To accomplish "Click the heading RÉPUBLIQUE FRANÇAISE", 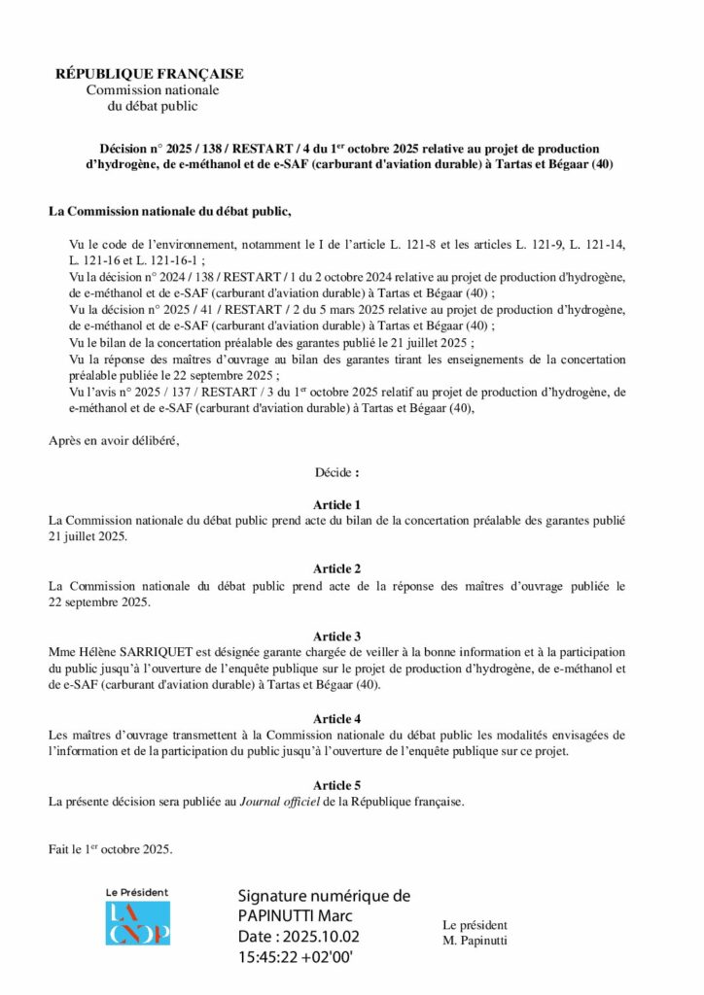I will click(149, 74).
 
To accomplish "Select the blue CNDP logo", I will click(137, 923).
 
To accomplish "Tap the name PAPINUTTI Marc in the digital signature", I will click(295, 916).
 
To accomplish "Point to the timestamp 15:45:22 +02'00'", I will click(295, 957).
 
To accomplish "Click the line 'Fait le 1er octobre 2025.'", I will click(111, 849).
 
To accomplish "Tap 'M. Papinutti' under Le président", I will click(475, 940).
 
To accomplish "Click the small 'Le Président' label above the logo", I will click(137, 892).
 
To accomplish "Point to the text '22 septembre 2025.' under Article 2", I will click(100, 602).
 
